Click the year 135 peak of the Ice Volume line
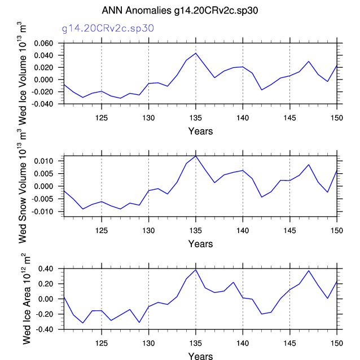click(196, 53)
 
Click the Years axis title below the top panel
click(200, 131)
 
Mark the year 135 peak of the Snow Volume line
click(196, 156)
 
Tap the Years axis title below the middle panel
click(200, 244)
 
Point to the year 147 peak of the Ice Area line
click(309, 270)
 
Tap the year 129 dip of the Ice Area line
click(139, 322)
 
